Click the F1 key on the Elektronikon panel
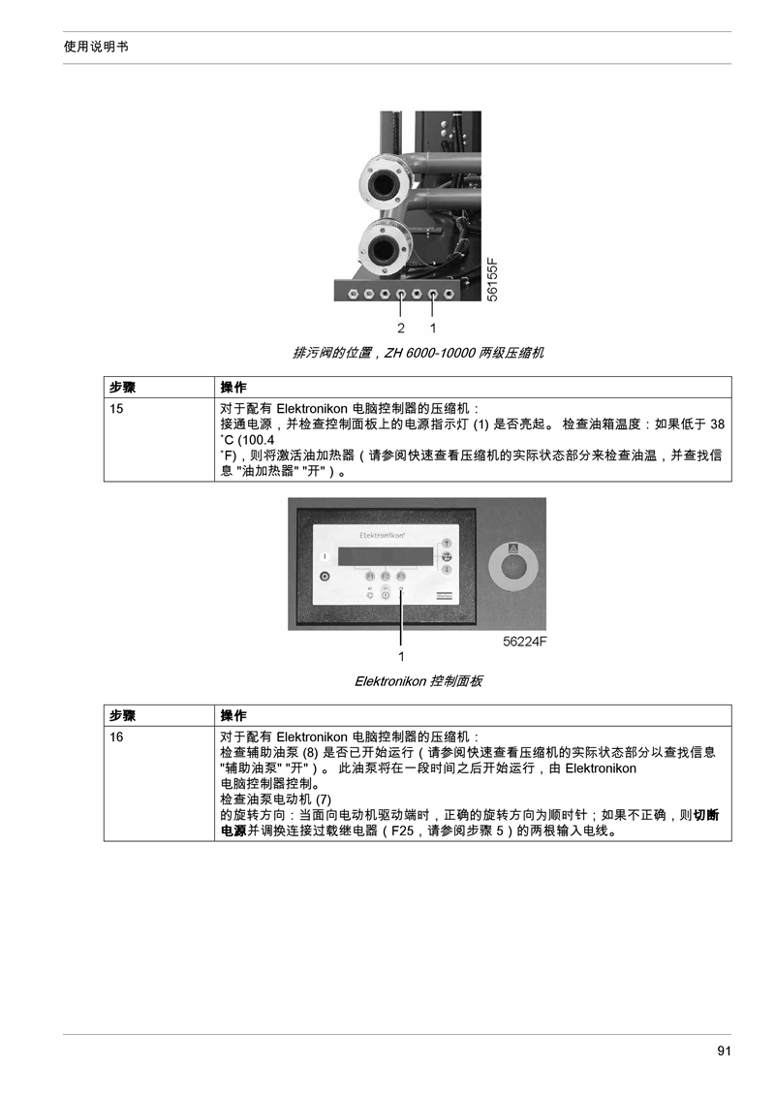(370, 576)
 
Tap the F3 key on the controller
(401, 576)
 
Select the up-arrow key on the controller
(446, 544)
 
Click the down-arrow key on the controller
(446, 570)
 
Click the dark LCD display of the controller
(385, 557)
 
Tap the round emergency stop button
(512, 565)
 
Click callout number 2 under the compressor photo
(401, 329)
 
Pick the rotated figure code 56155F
(492, 280)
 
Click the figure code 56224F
(525, 641)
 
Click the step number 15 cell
(116, 409)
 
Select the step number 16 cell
(116, 737)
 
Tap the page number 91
(724, 1050)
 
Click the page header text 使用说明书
(96, 47)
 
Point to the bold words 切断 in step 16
(706, 815)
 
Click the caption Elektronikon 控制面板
(418, 680)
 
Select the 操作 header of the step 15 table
(233, 388)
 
